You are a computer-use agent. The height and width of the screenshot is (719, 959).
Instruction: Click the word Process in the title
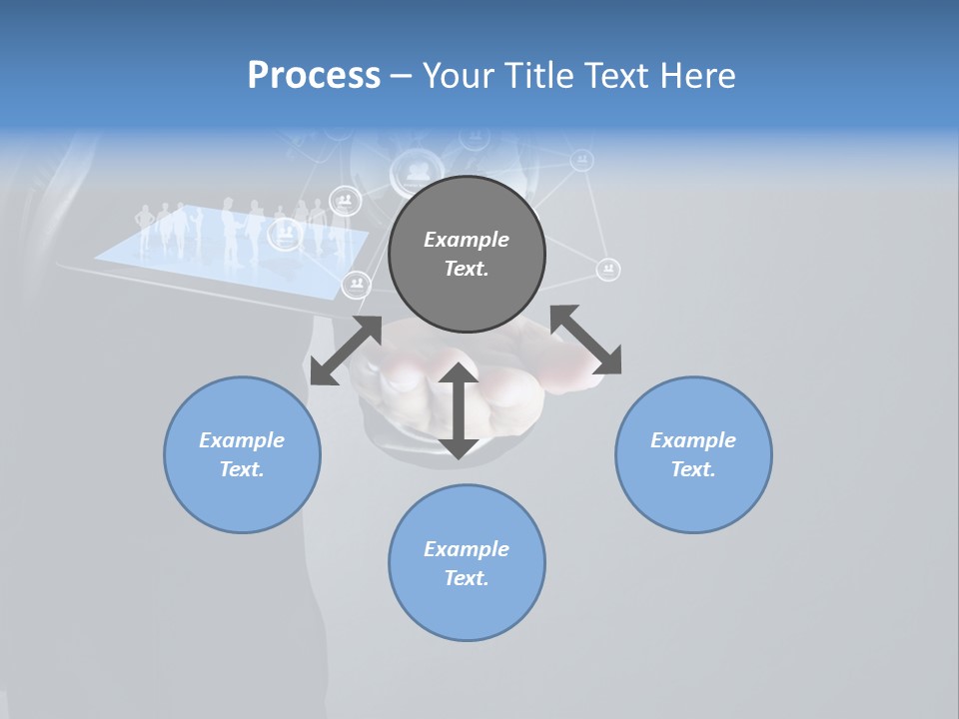point(314,76)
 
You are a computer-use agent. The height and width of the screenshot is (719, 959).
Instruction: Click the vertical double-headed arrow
point(459,410)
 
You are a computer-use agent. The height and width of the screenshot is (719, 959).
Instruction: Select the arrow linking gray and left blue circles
point(346,351)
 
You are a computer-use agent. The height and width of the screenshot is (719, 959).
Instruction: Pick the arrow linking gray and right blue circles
point(586,340)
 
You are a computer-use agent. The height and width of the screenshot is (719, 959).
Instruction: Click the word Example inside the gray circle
point(467,240)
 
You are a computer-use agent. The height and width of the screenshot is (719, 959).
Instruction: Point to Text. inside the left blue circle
point(242,469)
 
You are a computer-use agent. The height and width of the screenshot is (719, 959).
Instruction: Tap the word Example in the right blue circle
point(693,440)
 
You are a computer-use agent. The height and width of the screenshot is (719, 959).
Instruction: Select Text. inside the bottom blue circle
point(467,578)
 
